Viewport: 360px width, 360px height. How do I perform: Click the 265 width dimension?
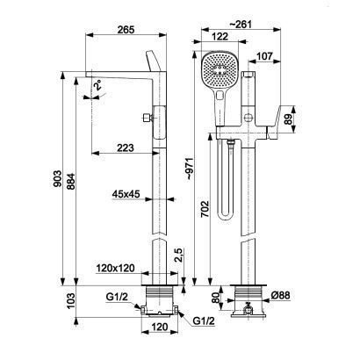[126, 30]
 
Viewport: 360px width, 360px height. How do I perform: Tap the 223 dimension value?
[126, 148]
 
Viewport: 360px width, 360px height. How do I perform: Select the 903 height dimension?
[58, 178]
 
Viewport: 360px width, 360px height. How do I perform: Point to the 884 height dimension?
[71, 182]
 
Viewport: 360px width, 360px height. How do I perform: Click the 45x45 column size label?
[126, 194]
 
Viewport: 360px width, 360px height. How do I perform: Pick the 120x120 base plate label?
[116, 268]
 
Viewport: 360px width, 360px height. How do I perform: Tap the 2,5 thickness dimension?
[179, 256]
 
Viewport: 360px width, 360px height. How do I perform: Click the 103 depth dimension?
[71, 301]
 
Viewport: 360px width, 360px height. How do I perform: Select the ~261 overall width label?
[241, 24]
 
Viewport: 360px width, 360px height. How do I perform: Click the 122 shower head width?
[220, 37]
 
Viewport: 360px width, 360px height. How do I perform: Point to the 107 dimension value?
[264, 56]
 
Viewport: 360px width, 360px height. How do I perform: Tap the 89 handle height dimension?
[289, 119]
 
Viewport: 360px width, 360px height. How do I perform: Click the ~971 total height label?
[191, 169]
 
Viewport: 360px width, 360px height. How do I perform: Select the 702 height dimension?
[205, 209]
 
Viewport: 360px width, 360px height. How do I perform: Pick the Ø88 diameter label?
[280, 296]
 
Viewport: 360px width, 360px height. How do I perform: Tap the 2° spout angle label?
[97, 84]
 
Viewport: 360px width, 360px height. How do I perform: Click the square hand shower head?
[220, 69]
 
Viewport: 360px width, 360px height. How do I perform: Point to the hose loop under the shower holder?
[226, 182]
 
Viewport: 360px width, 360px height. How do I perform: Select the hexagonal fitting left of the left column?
[147, 118]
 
